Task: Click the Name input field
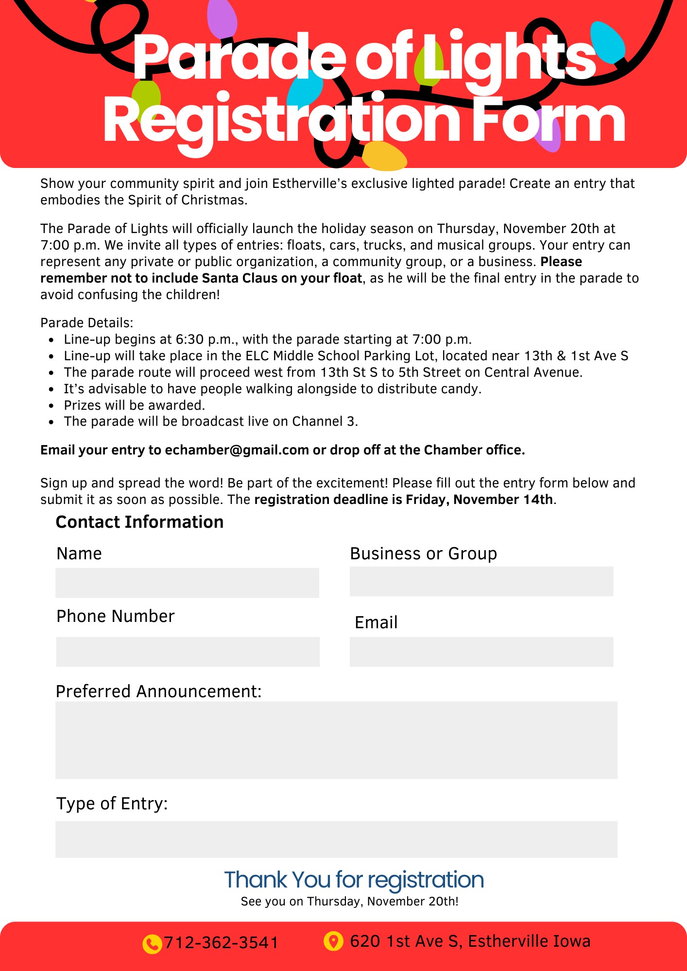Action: (187, 583)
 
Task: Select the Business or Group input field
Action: (481, 581)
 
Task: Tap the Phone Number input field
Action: (188, 652)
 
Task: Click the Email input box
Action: (481, 652)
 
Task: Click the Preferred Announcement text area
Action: (336, 740)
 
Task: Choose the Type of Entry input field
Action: (336, 839)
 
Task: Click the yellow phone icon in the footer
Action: (152, 944)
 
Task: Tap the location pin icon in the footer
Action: (333, 941)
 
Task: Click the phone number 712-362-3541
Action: (221, 943)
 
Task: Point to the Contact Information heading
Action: (139, 522)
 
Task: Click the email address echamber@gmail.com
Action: (237, 450)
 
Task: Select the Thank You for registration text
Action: (354, 880)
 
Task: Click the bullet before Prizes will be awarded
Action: (52, 406)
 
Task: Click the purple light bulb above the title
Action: (222, 18)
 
